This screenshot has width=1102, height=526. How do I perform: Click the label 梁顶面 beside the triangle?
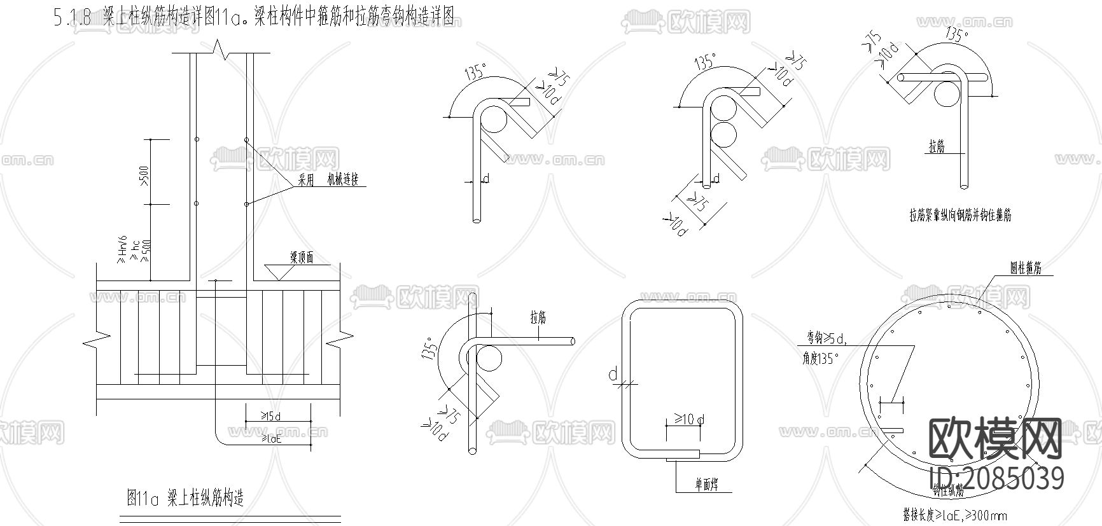tap(302, 258)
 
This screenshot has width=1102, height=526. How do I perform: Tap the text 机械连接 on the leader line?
tap(343, 180)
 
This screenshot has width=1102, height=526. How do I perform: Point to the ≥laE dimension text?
tap(271, 438)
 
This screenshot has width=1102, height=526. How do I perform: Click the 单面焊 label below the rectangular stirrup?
tap(706, 485)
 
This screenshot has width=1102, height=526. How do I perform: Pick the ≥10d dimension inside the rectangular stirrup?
tap(689, 420)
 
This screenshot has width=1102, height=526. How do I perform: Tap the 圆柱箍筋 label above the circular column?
tap(1026, 268)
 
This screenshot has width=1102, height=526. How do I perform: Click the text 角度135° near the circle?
tap(820, 359)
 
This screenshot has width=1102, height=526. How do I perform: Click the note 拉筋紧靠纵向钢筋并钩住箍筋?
tap(960, 216)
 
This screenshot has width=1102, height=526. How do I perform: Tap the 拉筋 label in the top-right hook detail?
tap(937, 148)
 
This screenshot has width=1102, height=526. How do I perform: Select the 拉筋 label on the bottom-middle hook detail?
tap(538, 317)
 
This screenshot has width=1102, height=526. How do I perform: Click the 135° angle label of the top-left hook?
tap(476, 71)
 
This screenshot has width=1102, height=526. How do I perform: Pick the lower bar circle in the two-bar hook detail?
tap(724, 135)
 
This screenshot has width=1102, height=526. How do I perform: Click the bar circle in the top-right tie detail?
tap(948, 96)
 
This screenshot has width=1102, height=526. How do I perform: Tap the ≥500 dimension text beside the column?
tap(143, 176)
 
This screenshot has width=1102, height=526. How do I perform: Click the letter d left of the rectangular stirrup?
tap(613, 375)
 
